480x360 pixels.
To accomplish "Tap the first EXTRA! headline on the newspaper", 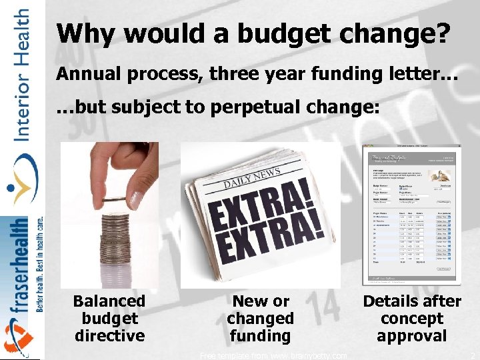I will pyautogui.click(x=267, y=203).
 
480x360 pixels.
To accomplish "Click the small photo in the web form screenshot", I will pyautogui.click(x=439, y=175).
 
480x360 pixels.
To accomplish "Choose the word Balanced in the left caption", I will pyautogui.click(x=109, y=301).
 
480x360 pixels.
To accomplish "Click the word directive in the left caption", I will pyautogui.click(x=109, y=336).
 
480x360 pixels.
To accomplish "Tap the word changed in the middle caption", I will pyautogui.click(x=260, y=319).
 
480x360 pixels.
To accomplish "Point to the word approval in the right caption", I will pyautogui.click(x=411, y=336).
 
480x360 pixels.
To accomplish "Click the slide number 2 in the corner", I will pyautogui.click(x=472, y=355).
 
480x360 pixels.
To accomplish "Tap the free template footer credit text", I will pyautogui.click(x=273, y=356).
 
